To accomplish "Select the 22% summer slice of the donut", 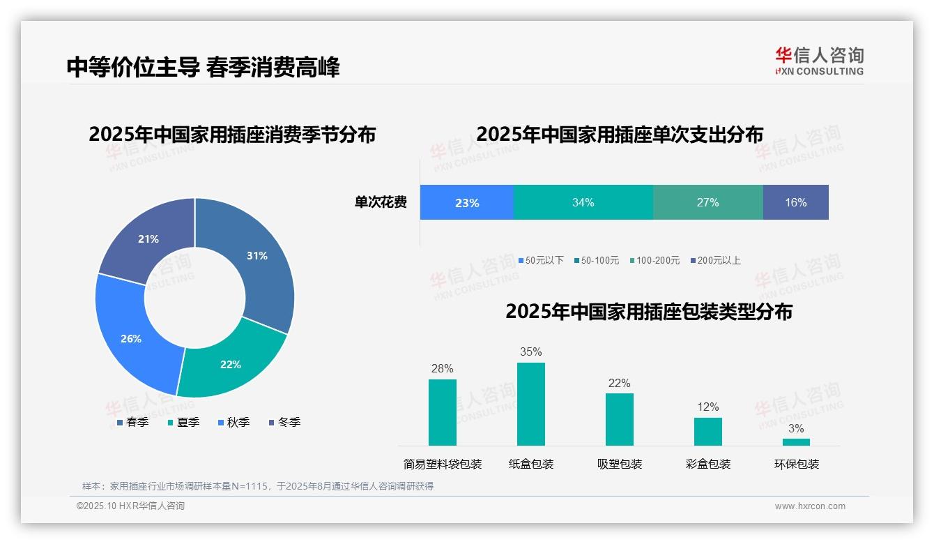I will [x=230, y=363].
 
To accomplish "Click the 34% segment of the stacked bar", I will [x=583, y=202].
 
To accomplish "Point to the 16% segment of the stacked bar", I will [x=795, y=202].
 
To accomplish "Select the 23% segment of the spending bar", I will [x=467, y=202].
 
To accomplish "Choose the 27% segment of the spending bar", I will [x=707, y=202].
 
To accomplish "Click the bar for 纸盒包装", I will [x=530, y=405].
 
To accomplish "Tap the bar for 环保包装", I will [x=796, y=442].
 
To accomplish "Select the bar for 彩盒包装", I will [x=708, y=432].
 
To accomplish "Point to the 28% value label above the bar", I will [x=443, y=368].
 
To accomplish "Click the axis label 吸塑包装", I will [x=620, y=464].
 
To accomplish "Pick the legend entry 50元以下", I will [x=541, y=260].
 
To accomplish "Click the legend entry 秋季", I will [x=234, y=422].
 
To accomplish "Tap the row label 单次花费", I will [x=381, y=202].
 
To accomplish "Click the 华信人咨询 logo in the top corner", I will [x=819, y=61].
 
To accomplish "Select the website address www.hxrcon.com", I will [x=810, y=506].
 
